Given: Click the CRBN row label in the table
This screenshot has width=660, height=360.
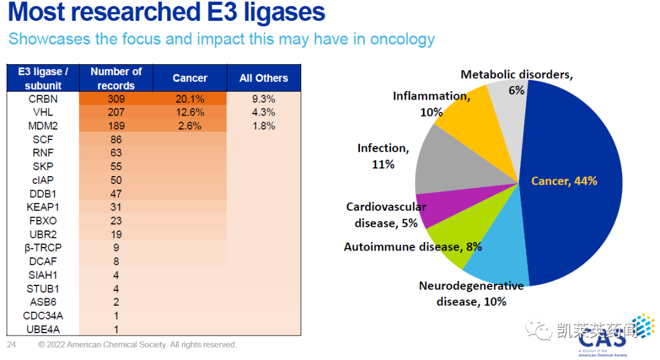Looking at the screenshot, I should point(43,98).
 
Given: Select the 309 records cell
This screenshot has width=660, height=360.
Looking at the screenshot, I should point(116,98).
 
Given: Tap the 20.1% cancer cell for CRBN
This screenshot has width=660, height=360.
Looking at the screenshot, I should point(189,98).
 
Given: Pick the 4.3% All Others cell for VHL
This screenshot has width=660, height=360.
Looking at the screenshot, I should point(263,112).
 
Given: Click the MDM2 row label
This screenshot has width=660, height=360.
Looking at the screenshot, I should point(43,126).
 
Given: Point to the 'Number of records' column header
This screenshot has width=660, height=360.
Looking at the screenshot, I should point(116,78).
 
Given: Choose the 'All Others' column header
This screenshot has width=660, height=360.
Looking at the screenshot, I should point(263,78).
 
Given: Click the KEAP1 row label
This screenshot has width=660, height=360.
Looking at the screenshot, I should point(43,207).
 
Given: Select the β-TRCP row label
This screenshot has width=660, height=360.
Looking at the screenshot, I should point(43,248).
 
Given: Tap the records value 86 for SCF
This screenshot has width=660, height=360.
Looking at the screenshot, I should point(116,139).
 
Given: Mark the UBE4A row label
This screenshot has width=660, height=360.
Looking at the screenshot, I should point(43,329).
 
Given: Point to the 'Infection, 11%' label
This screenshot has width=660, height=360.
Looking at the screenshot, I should point(383,156).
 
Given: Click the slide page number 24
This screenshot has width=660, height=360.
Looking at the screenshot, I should point(12,345).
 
